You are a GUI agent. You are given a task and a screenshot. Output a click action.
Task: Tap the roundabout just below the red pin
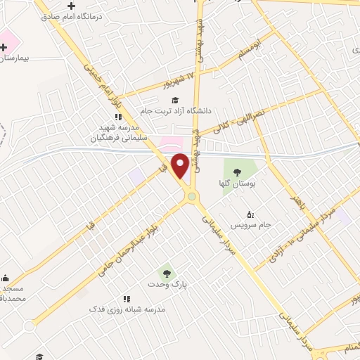coord(191,197)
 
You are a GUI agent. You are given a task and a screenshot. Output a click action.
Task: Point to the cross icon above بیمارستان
coord(4,46)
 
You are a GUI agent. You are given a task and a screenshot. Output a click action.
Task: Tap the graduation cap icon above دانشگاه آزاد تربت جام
coord(174,100)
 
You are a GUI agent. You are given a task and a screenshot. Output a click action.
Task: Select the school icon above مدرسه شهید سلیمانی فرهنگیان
coord(118,117)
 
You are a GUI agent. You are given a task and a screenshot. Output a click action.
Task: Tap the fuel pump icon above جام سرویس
coord(250,214)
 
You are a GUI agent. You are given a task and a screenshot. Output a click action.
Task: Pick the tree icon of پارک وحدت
coord(167,273)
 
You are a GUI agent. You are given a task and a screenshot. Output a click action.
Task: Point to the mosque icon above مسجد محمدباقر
coord(6,278)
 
